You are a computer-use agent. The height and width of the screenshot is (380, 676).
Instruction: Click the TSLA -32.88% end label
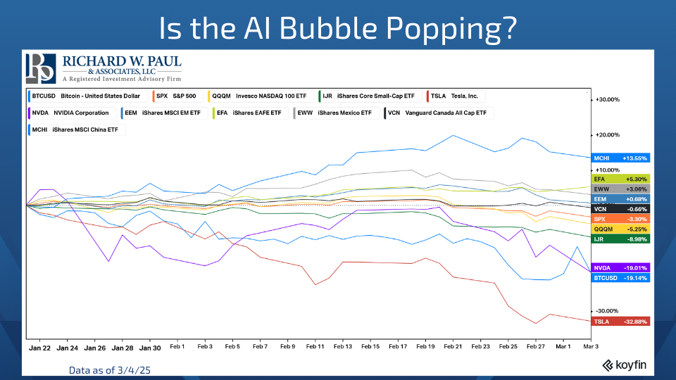tap(620, 322)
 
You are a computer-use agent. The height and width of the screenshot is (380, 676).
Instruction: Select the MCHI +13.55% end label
tap(620, 158)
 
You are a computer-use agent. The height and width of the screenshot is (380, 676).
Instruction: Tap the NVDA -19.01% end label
tap(620, 268)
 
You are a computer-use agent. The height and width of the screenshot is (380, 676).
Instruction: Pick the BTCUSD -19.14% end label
tap(620, 278)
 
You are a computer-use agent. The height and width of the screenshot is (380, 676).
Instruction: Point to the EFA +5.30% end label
tap(620, 179)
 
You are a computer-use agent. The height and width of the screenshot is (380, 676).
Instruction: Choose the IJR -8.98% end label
tap(620, 239)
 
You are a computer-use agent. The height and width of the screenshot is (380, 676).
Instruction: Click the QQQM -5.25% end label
tap(620, 229)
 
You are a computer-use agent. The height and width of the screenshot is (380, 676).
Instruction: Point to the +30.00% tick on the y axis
tap(607, 100)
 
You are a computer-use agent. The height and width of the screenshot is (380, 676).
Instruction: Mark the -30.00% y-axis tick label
tap(607, 311)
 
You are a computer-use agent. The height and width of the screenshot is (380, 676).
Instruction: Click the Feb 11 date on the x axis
tap(315, 347)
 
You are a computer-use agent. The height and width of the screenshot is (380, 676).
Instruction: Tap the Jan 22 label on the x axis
tap(39, 347)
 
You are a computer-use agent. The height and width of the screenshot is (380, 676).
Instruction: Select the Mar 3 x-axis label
tap(589, 347)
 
